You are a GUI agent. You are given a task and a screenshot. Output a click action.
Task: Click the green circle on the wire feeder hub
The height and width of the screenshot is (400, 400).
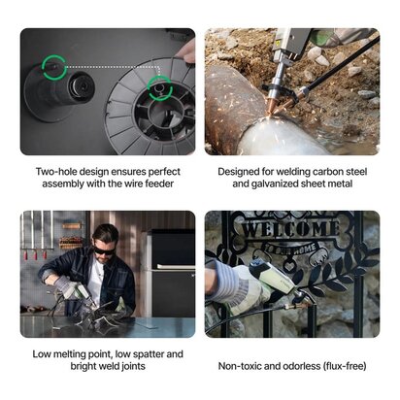point(44,67)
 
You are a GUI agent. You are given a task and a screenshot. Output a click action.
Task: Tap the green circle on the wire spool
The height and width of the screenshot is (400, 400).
point(149,88)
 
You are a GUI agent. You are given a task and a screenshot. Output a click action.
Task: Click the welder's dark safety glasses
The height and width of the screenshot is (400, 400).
point(104,250)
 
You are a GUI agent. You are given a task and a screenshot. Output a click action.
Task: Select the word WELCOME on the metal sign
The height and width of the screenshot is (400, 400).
point(290,229)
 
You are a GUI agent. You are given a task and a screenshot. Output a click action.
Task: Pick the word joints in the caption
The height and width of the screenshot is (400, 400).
point(133,367)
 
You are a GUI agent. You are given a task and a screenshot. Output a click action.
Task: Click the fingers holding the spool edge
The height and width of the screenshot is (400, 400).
point(186,51)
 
